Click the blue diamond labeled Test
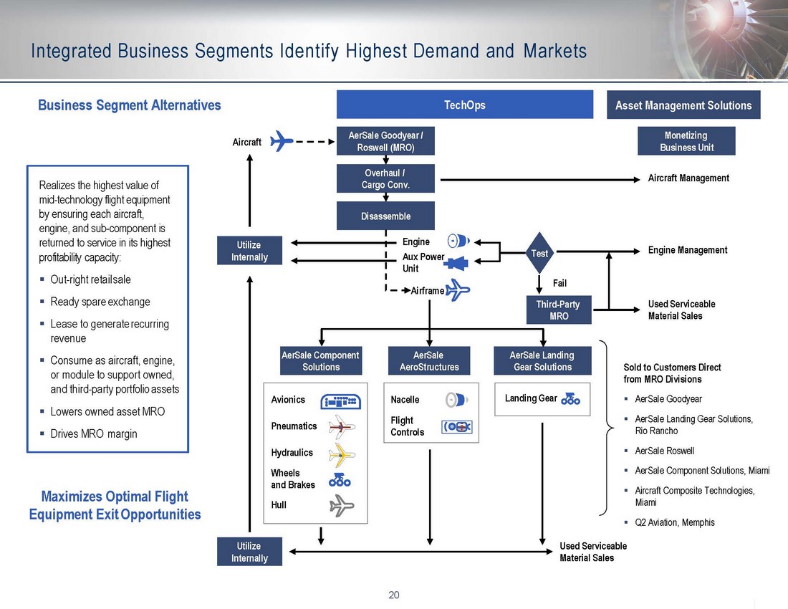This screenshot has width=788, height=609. coord(539,253)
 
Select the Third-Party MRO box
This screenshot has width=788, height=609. coord(559,310)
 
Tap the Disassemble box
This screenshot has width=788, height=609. coord(385,216)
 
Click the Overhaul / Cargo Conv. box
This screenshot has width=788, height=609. coord(385,178)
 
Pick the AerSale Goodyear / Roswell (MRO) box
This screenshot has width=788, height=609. coord(385,141)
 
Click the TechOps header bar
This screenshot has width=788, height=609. coord(464,105)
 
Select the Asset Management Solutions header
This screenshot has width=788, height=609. coord(683,105)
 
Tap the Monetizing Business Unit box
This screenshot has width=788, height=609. coord(686,141)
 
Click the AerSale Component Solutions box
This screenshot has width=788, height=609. coord(320,361)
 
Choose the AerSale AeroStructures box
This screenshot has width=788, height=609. coord(428,361)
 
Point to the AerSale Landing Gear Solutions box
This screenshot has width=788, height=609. coord(542,361)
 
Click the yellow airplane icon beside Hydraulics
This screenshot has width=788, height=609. coord(340,454)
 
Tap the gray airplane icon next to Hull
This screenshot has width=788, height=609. coord(340,507)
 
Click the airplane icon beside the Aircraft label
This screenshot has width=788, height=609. coord(282,141)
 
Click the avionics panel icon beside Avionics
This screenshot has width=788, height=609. coord(341,401)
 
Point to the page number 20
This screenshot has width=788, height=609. coord(393,595)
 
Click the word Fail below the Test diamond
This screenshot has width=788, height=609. coord(559,283)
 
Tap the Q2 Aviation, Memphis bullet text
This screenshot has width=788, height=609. coord(675,522)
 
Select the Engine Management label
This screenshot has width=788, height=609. coord(687,250)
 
